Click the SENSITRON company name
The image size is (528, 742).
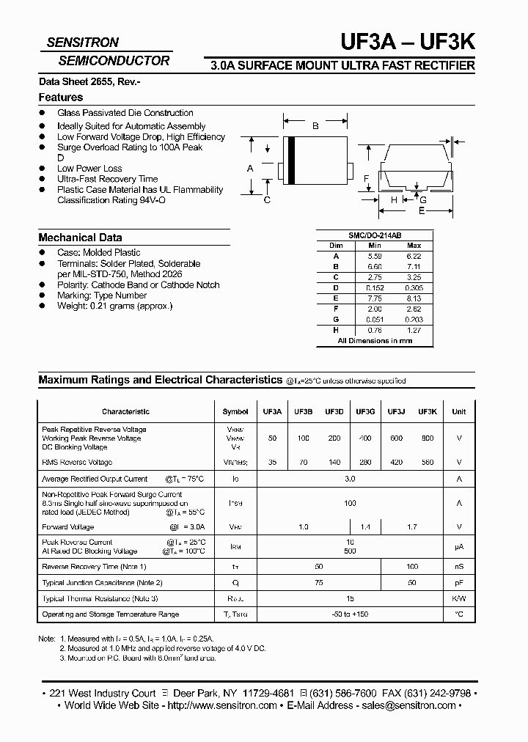82,43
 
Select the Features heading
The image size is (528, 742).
60,98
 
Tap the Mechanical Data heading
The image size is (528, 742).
80,238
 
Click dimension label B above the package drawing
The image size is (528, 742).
315,126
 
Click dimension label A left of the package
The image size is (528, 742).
250,169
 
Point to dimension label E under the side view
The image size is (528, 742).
421,210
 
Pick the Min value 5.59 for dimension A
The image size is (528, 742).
374,256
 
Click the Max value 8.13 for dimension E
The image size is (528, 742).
414,298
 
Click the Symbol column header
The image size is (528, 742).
235,412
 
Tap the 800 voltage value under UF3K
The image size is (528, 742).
428,438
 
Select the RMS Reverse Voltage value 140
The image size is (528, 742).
334,463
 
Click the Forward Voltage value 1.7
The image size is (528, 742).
412,527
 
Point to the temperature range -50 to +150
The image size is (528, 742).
350,614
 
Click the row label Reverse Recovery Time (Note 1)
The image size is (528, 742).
94,567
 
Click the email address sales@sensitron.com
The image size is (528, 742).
408,705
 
